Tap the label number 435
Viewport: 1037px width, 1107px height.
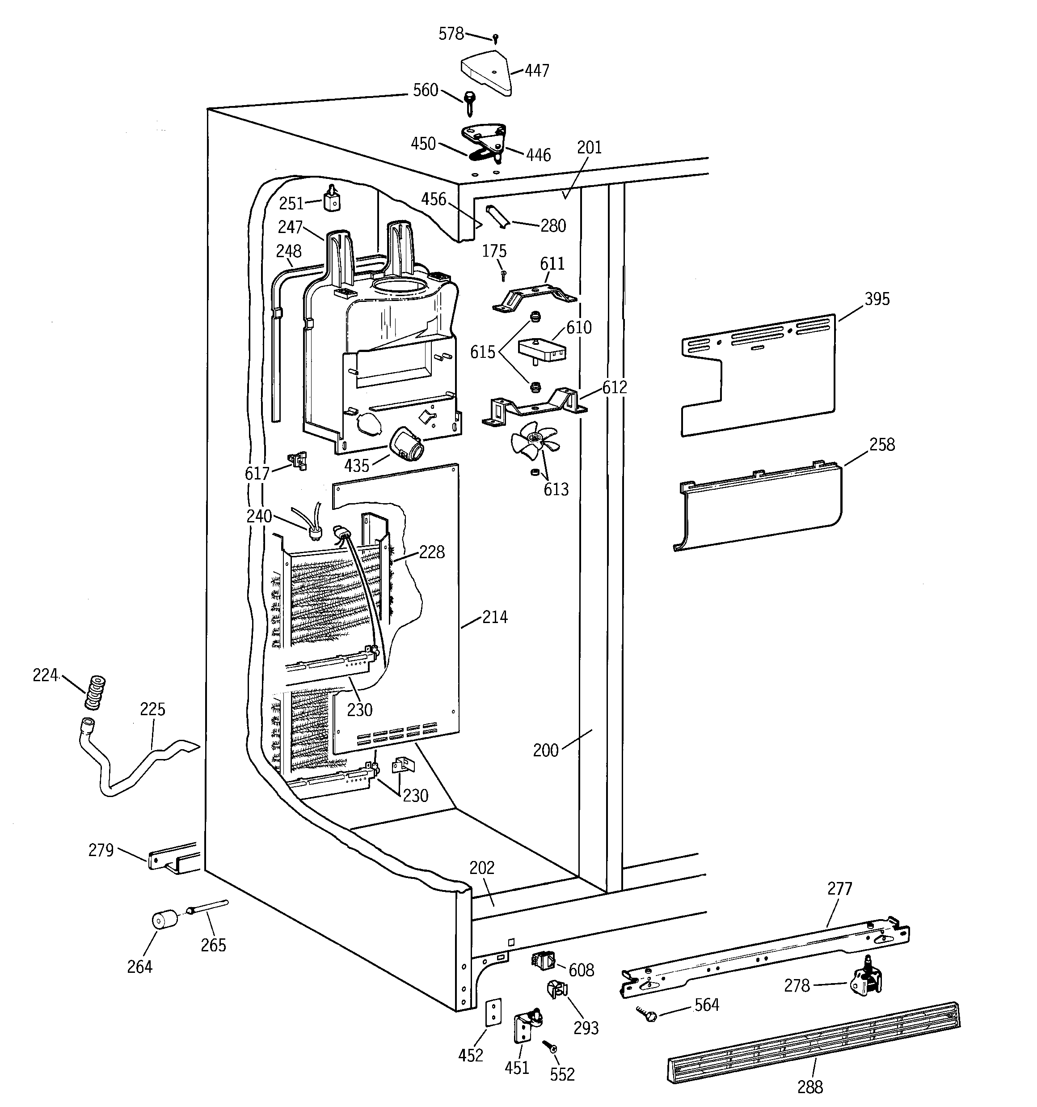(x=356, y=466)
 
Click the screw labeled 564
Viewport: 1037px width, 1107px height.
(x=649, y=1016)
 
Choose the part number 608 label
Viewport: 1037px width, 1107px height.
(x=581, y=970)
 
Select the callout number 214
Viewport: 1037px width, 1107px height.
(x=495, y=617)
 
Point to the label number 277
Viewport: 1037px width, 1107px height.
(x=839, y=888)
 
